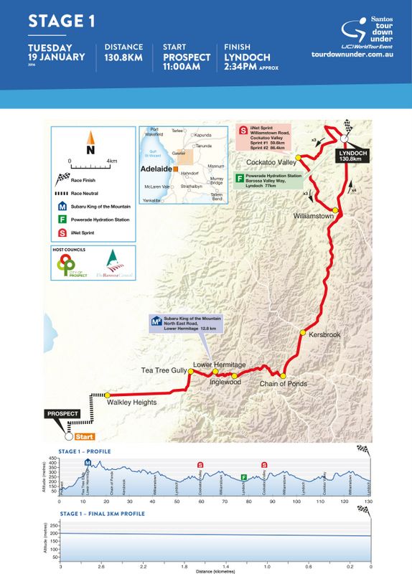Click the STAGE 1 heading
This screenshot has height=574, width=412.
click(x=62, y=21)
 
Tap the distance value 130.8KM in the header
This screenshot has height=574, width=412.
click(x=123, y=57)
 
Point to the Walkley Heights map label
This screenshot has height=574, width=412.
click(x=132, y=403)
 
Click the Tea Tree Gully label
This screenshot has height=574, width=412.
click(x=164, y=370)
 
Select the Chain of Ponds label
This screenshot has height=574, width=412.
click(x=284, y=384)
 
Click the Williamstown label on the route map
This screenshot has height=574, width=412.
click(x=316, y=215)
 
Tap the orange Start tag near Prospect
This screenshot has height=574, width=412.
click(x=84, y=436)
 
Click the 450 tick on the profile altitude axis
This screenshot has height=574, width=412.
click(x=52, y=457)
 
